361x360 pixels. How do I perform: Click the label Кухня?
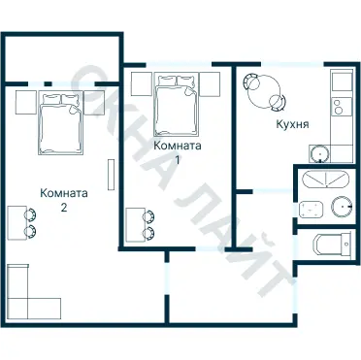coord(292,124)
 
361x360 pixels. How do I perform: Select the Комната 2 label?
coord(64,200)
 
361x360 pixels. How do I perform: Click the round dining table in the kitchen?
coord(264,91)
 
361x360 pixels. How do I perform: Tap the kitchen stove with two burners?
coord(342,107)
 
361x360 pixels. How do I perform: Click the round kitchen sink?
coord(319,153)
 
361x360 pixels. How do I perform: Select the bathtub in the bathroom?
coord(325,179)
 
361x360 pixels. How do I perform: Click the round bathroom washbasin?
coord(342,207)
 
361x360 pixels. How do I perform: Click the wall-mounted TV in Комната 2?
coord(111,175)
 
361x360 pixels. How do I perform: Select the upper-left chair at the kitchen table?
coord(251,82)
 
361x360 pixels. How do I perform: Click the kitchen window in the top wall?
coord(292,64)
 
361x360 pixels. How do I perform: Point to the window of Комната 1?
coord(179,64)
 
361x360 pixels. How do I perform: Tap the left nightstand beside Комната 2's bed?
coord(26,102)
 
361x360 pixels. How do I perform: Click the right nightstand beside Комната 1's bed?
coord(210,83)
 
